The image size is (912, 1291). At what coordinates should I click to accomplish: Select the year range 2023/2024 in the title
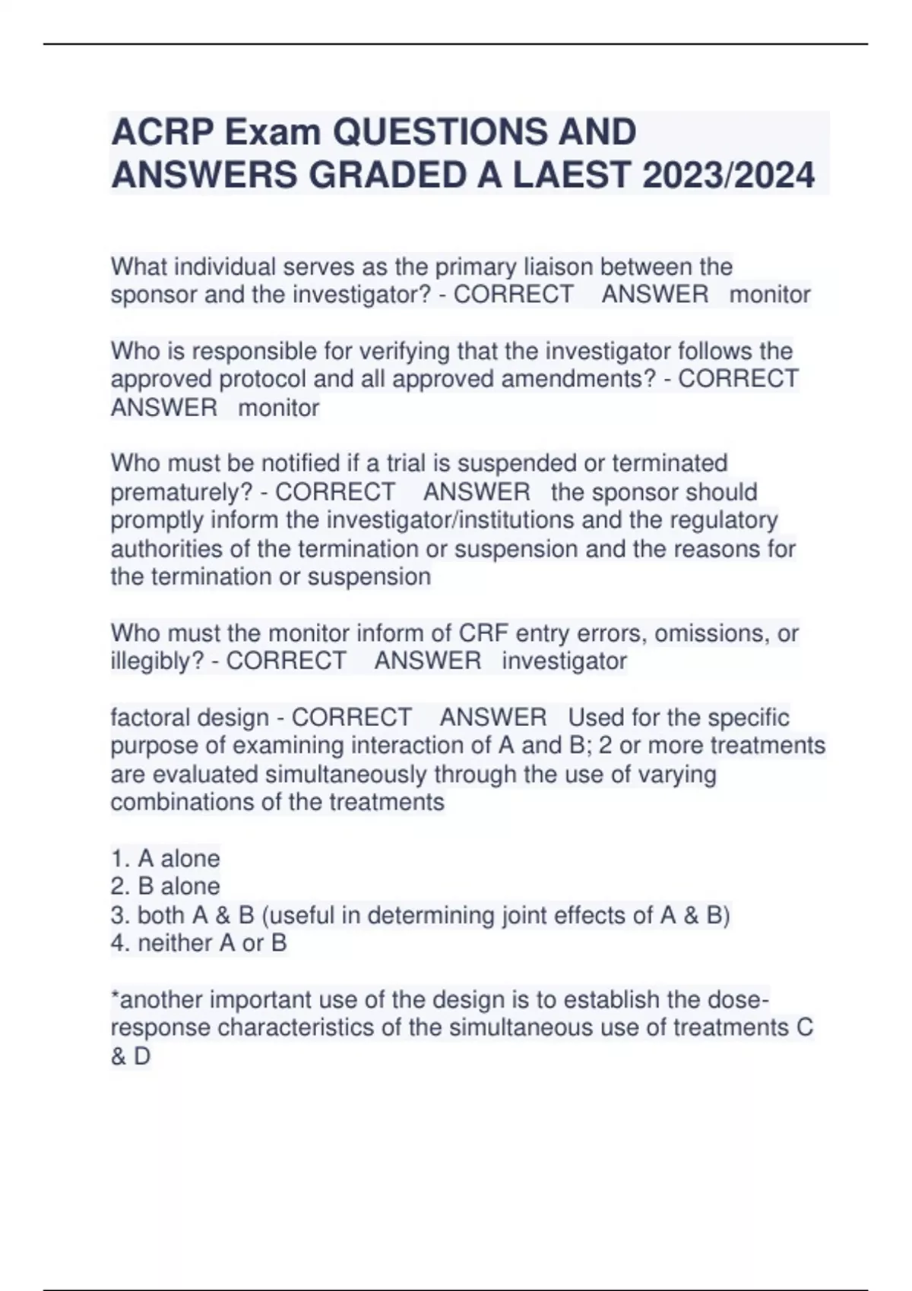pos(728,176)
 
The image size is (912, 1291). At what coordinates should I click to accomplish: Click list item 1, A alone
pos(166,859)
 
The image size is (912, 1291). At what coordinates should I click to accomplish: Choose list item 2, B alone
pos(166,886)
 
